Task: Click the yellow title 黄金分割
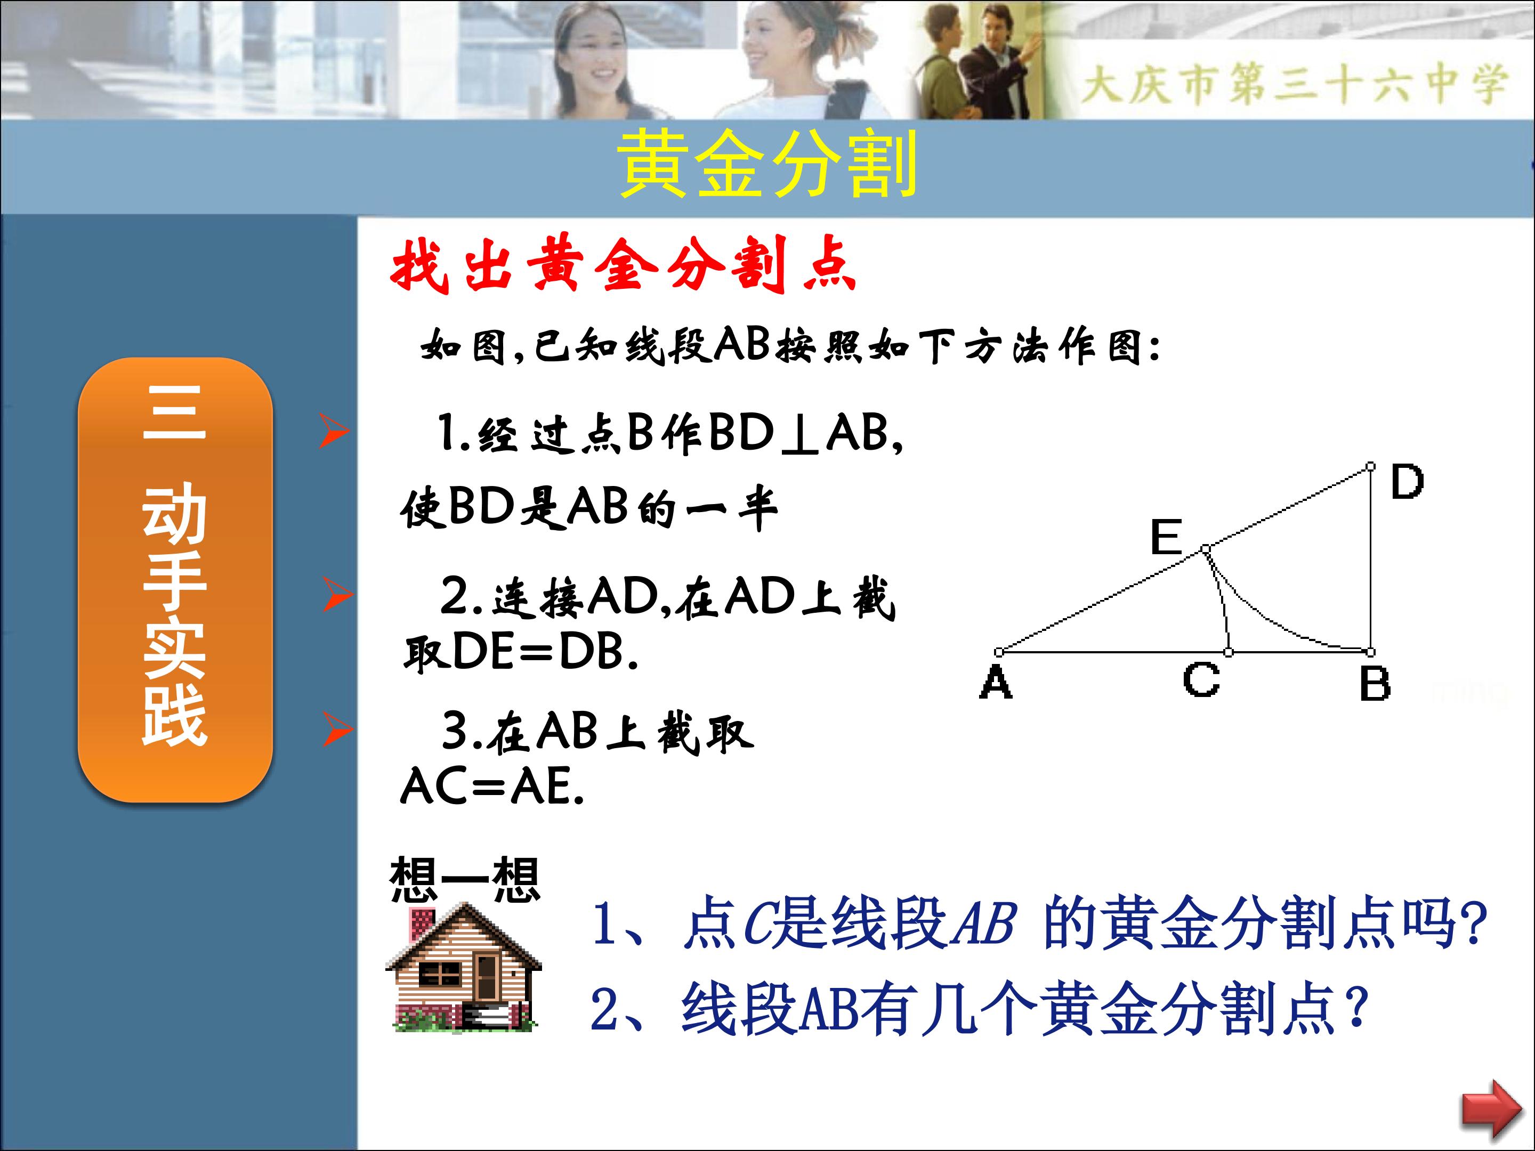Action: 768,164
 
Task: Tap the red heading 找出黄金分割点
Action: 623,264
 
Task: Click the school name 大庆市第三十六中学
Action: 1295,84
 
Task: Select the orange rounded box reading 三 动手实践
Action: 175,580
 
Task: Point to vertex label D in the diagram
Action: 1407,482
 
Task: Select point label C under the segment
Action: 1202,679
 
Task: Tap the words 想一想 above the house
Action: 464,880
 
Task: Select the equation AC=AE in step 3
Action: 492,787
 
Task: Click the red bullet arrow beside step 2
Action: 338,595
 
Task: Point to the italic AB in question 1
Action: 983,923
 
